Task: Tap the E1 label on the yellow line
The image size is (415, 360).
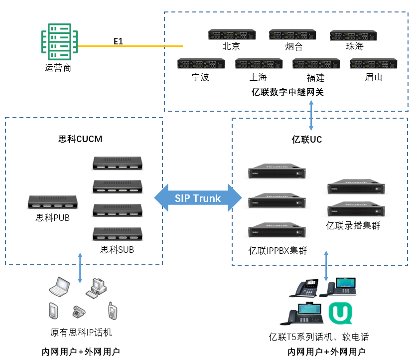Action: (x=118, y=41)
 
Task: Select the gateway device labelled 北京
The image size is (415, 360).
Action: (x=231, y=34)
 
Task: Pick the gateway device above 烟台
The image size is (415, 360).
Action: (x=292, y=34)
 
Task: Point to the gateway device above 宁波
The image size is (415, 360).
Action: (x=201, y=64)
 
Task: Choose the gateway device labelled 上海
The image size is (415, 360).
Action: (x=259, y=64)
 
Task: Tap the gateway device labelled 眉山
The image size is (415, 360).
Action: (x=373, y=64)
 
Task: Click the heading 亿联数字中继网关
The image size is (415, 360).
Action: (x=287, y=92)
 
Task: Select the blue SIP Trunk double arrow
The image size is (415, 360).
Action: (x=198, y=198)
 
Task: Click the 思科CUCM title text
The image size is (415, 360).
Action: (x=80, y=139)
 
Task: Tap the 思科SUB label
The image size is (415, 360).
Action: (x=117, y=249)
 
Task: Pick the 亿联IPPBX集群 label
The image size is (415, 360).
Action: (x=278, y=251)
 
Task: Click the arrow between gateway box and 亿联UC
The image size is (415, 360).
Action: (x=312, y=115)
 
